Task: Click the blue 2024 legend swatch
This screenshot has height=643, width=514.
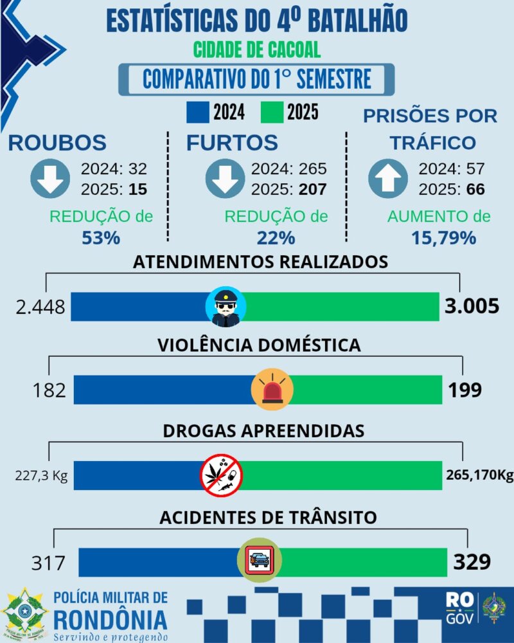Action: (x=198, y=113)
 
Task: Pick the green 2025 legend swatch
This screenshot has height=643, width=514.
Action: (x=272, y=113)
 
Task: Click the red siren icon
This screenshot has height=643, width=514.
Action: (x=273, y=390)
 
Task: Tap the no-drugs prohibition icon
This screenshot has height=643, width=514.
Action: (x=221, y=475)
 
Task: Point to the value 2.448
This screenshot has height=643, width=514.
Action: (x=40, y=307)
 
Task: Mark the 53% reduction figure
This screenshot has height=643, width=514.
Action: (x=100, y=237)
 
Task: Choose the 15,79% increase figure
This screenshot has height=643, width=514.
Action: (x=444, y=237)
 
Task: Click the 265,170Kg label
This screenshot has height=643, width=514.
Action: (x=479, y=476)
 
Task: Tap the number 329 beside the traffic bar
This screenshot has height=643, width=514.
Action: (x=473, y=562)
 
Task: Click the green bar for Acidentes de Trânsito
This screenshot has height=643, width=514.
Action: (x=363, y=562)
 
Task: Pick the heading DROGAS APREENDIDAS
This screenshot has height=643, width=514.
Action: (x=263, y=430)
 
